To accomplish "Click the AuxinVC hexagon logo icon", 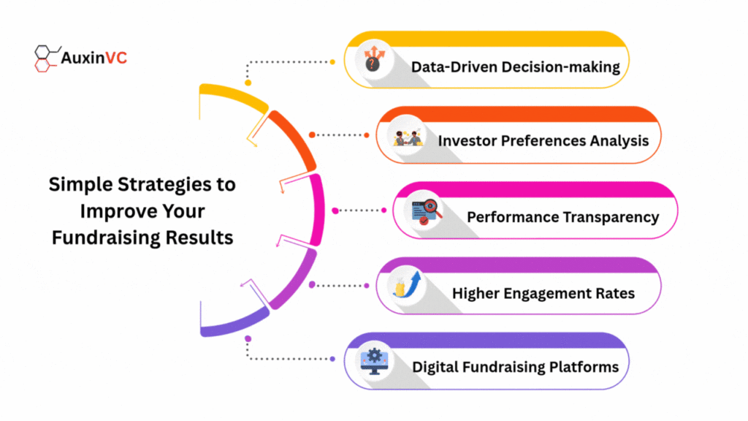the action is pyautogui.click(x=47, y=58).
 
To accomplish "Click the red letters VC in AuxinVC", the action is pyautogui.click(x=116, y=58).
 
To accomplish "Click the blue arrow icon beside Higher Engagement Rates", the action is pyautogui.click(x=407, y=285).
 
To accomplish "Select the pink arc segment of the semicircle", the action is pyautogui.click(x=317, y=210).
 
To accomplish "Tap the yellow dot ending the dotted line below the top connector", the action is pyautogui.click(x=248, y=83).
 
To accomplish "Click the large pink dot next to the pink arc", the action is pyautogui.click(x=335, y=210).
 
